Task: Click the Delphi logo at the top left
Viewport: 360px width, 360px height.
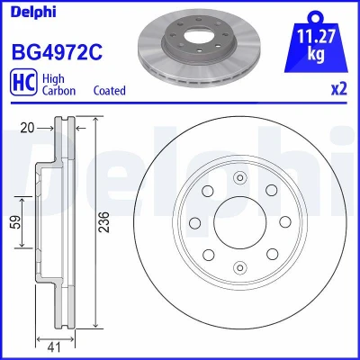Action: tap(33, 13)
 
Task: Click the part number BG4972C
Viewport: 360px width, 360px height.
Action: tap(57, 52)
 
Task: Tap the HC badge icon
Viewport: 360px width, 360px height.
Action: tap(23, 82)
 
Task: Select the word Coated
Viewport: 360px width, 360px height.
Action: tap(109, 90)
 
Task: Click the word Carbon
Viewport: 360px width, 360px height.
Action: tap(58, 90)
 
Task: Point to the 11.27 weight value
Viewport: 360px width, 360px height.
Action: tap(316, 37)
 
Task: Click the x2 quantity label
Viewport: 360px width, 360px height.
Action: tap(339, 89)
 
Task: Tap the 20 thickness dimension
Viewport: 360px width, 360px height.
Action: tap(27, 128)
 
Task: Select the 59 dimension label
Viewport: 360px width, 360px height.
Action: tap(16, 222)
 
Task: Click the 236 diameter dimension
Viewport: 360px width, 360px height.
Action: tap(104, 222)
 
